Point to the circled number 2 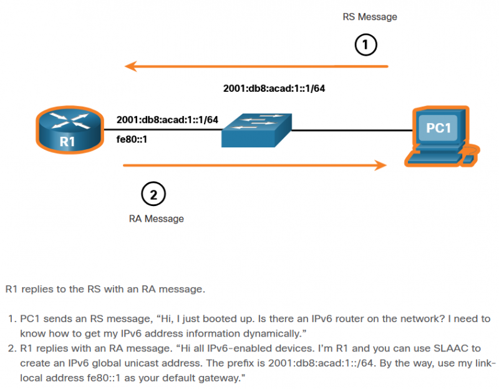153,194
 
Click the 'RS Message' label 370,17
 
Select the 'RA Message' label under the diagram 157,219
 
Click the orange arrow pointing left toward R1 256,65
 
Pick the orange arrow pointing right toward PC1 256,165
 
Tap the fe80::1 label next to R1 132,139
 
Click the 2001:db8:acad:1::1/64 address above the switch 274,88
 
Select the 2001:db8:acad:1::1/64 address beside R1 167,119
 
